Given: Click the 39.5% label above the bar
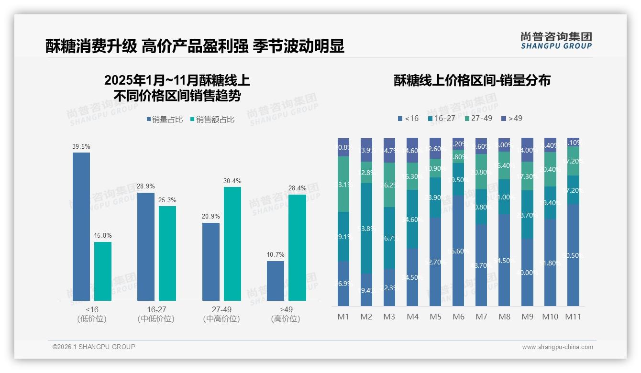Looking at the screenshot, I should pos(81,146).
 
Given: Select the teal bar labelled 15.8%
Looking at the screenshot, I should pos(103,271).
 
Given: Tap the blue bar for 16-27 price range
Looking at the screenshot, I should pos(146,246).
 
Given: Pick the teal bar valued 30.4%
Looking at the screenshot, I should pos(232,243).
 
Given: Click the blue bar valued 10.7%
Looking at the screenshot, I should pos(276,281).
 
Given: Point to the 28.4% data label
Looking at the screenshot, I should pos(298,188).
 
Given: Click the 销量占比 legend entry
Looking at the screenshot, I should pos(165,120).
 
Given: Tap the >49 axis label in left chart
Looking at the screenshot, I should pos(286,310).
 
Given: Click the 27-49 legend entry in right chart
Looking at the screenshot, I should pos(478,118).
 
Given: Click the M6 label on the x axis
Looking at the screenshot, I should pos(458,317).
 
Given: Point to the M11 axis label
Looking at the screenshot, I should pos(573,317).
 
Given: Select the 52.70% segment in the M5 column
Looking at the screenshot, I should pos(435,262).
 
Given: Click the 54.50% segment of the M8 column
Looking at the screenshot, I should pos(504,261).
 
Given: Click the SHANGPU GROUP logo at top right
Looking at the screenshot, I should pos(556,41).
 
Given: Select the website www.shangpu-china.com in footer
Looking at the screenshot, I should pos(557,347).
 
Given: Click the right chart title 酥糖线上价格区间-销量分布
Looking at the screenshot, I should pos(472,80).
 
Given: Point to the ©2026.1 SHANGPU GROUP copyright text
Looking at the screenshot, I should pos(94,347).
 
